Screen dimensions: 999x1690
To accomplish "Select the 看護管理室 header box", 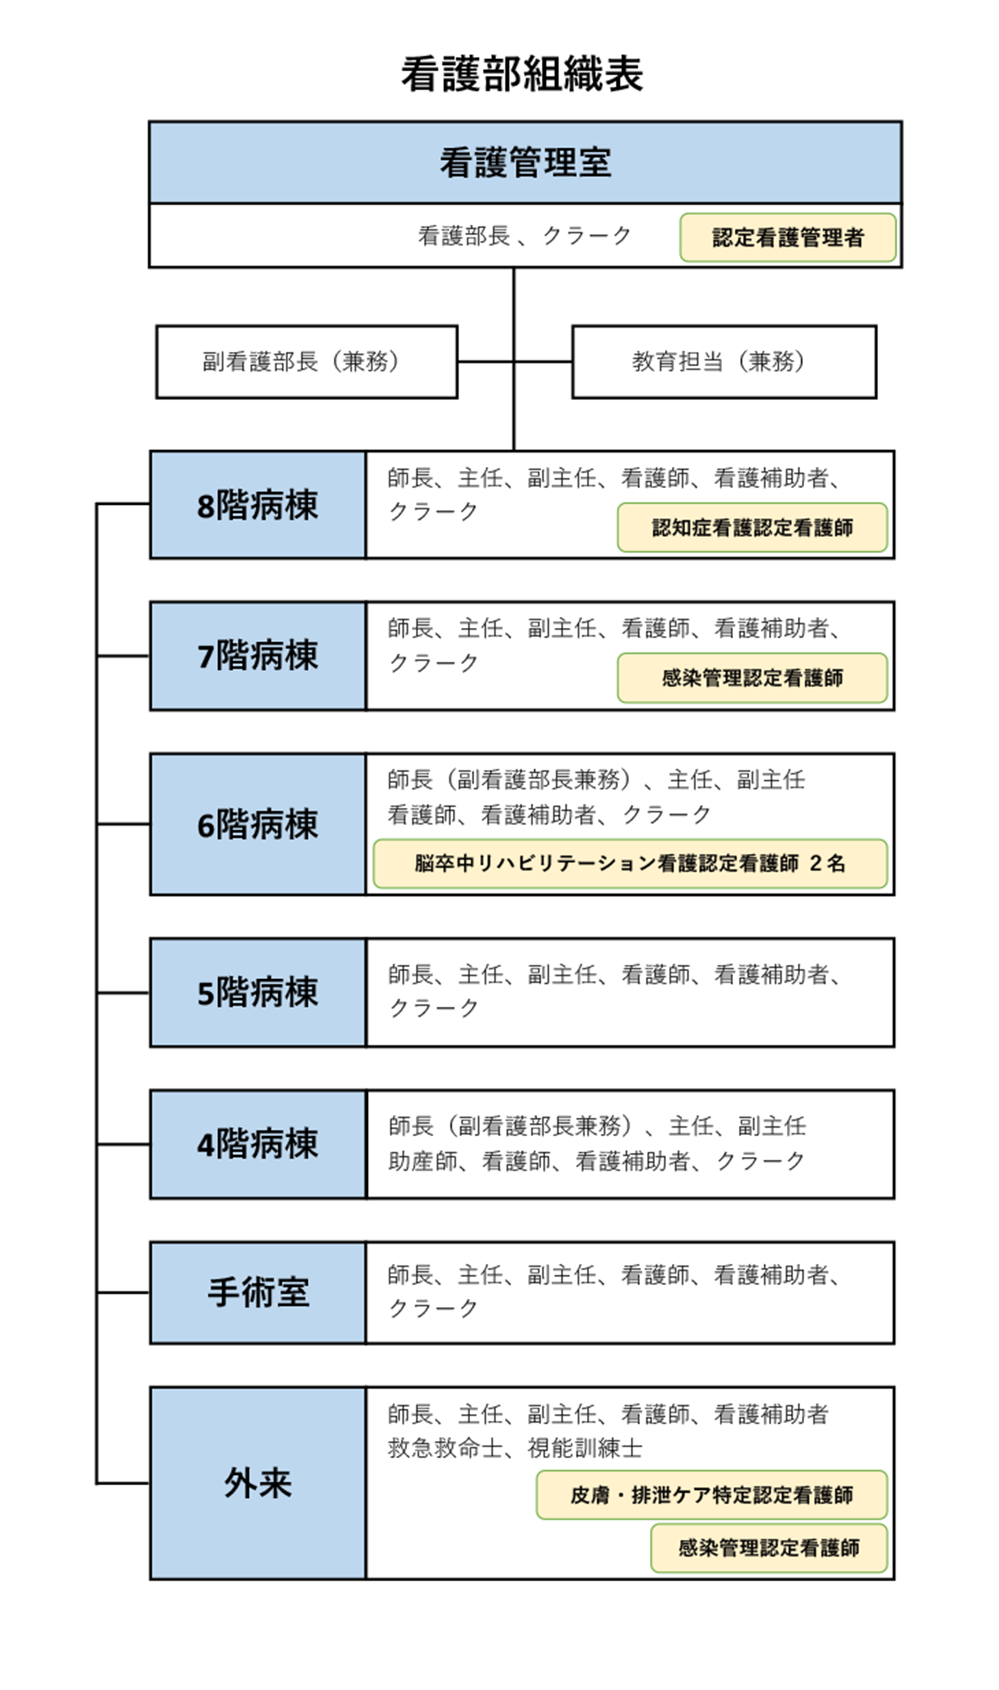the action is click(x=525, y=162).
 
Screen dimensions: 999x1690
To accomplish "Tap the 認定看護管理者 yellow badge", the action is click(x=787, y=237).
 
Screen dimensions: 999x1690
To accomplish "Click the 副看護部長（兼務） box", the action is click(x=307, y=362).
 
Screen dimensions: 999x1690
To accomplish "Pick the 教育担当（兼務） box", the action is click(x=724, y=362).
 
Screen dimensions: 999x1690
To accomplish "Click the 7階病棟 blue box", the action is click(x=258, y=656).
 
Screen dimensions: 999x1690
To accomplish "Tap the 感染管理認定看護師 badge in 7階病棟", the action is click(x=752, y=678).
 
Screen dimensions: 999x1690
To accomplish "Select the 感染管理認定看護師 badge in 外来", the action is click(x=769, y=1548).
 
